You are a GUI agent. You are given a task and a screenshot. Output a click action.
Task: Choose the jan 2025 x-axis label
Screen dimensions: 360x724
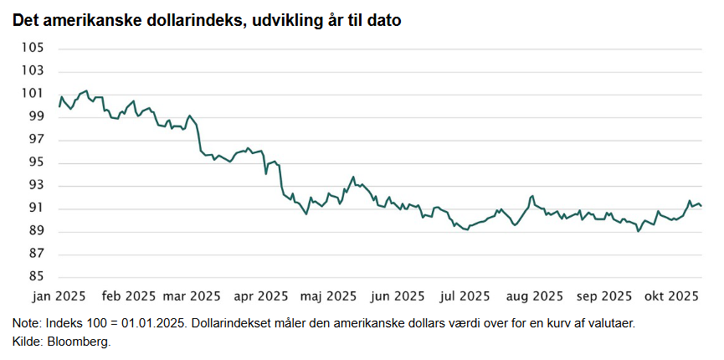(59, 296)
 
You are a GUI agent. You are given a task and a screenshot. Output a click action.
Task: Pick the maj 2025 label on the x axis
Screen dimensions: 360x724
(328, 296)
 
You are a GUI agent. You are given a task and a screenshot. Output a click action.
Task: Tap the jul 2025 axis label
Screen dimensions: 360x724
(465, 296)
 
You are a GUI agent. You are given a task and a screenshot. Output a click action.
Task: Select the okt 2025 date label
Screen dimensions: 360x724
(671, 296)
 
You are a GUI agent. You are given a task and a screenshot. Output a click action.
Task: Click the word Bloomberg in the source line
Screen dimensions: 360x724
(80, 342)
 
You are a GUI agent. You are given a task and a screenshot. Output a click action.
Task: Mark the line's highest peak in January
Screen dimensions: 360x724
(86, 90)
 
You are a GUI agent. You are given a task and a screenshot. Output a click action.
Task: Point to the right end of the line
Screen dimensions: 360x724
(701, 206)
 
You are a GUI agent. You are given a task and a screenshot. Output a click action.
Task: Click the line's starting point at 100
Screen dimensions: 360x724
(59, 106)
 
